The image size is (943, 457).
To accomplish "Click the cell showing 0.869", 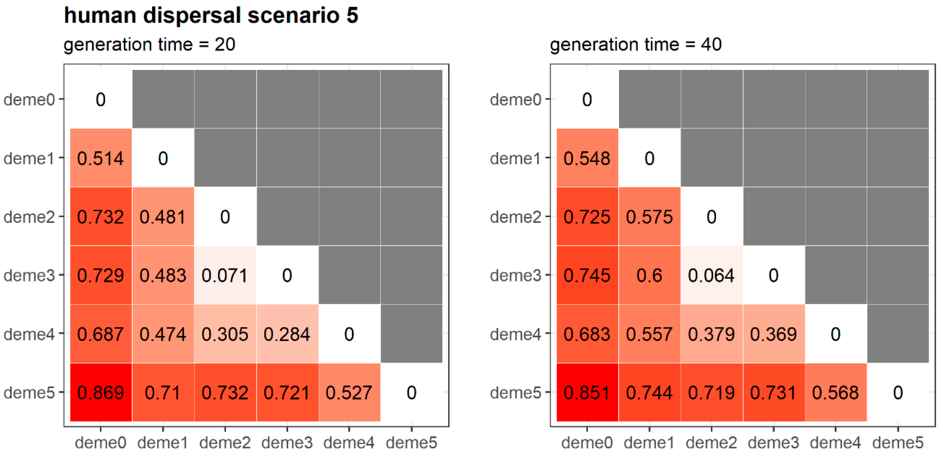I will pyautogui.click(x=101, y=392).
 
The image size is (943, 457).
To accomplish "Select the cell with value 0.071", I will pyautogui.click(x=225, y=275).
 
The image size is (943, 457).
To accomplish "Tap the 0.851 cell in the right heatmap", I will pyautogui.click(x=587, y=392).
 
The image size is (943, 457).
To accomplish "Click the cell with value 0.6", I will pyautogui.click(x=649, y=275).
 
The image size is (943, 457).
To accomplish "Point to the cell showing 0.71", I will pyautogui.click(x=163, y=392).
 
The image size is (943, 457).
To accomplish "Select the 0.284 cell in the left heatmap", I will pyautogui.click(x=287, y=334).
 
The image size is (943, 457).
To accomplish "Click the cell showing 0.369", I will pyautogui.click(x=773, y=334).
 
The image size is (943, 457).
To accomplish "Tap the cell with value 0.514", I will pyautogui.click(x=101, y=158).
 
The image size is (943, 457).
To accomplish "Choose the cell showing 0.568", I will pyautogui.click(x=835, y=392).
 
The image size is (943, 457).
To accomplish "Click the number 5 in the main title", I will pyautogui.click(x=352, y=15).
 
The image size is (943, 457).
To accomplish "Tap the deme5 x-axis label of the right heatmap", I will pyautogui.click(x=897, y=443).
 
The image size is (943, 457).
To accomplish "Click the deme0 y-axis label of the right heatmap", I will pyautogui.click(x=515, y=99).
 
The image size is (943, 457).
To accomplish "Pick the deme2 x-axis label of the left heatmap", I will pyautogui.click(x=225, y=443).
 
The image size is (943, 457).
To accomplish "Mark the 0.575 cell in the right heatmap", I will pyautogui.click(x=649, y=217).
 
